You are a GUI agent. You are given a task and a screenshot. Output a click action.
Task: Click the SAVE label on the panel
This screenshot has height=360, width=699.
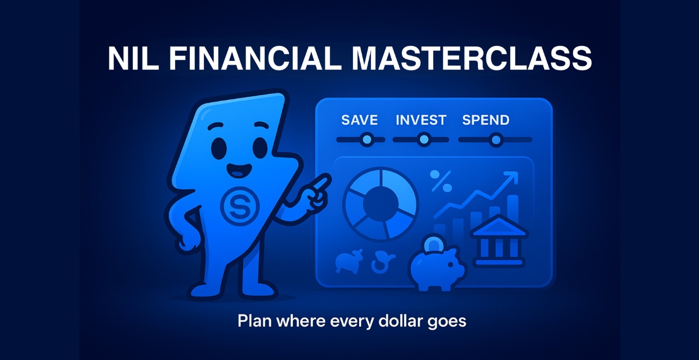[x=360, y=120]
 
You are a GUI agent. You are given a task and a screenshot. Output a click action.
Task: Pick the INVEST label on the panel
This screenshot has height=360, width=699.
[x=421, y=120]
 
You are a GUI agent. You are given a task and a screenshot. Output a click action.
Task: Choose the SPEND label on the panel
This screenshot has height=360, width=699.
[x=485, y=120]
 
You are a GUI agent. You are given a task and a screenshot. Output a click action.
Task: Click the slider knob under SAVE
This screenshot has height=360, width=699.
[x=367, y=140]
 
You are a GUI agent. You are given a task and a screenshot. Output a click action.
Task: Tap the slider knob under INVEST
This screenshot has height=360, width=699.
[x=423, y=140]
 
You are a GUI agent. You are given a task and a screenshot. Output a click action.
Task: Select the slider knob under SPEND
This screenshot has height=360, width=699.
[x=496, y=140]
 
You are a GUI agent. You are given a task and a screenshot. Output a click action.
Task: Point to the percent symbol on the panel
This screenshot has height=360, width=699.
[x=441, y=181]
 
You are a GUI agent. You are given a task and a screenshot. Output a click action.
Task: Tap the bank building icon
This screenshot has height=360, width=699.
[x=499, y=241]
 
